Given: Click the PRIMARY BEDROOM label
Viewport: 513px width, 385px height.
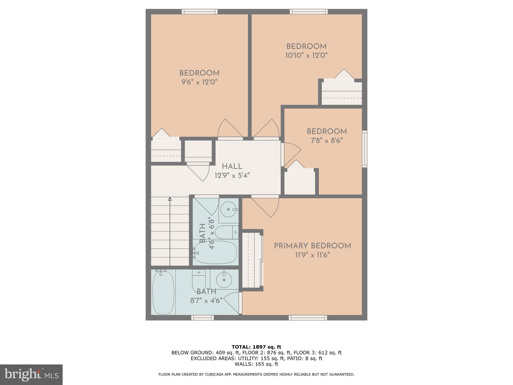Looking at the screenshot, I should pyautogui.click(x=312, y=246).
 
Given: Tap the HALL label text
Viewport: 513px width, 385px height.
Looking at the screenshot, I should pyautogui.click(x=232, y=166).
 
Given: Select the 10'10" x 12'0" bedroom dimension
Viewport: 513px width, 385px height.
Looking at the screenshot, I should pyautogui.click(x=306, y=55).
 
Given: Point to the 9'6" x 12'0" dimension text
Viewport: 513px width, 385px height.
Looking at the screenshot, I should pyautogui.click(x=199, y=82).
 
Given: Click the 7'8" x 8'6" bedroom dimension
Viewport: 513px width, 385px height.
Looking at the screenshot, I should pyautogui.click(x=326, y=141).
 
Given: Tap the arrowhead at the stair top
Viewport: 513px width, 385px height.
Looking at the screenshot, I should pyautogui.click(x=170, y=199).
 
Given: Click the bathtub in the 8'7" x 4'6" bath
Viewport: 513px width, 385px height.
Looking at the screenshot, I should pyautogui.click(x=163, y=293).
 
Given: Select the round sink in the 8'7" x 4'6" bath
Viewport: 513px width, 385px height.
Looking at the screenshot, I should pyautogui.click(x=224, y=280).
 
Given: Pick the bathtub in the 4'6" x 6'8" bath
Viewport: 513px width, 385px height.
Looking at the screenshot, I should pyautogui.click(x=216, y=252).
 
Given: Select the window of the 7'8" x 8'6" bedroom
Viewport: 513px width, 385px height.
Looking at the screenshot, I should pyautogui.click(x=364, y=149).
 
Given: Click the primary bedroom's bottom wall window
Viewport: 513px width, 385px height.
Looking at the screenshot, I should pyautogui.click(x=308, y=318).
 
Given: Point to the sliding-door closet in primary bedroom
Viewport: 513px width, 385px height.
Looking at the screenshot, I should pyautogui.click(x=252, y=260).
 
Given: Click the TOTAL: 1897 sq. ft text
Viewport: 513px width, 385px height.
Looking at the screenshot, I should pyautogui.click(x=256, y=347).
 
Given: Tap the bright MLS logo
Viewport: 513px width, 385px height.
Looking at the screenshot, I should pyautogui.click(x=31, y=375).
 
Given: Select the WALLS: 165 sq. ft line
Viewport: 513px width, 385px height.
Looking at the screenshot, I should pyautogui.click(x=256, y=364).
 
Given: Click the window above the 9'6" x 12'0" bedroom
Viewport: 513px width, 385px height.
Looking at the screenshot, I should pyautogui.click(x=200, y=12).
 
